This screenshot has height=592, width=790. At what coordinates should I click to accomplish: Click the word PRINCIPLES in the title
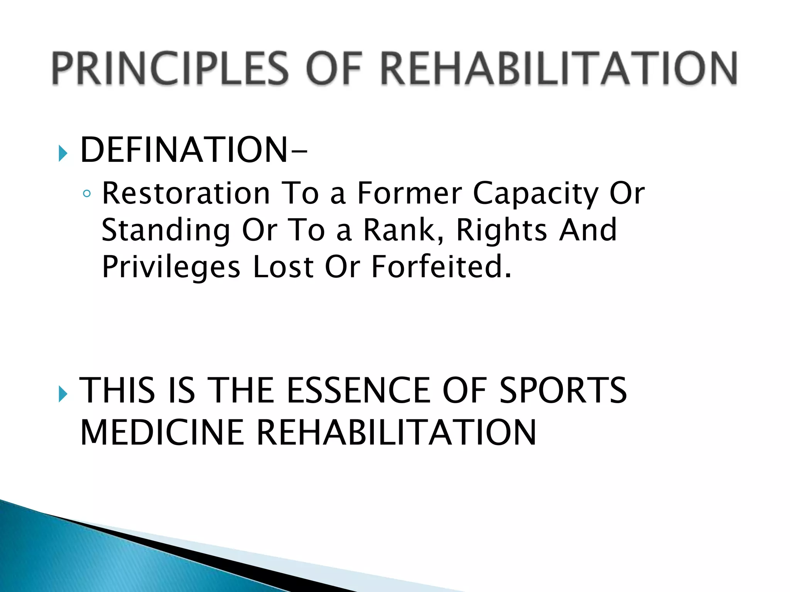coord(170,69)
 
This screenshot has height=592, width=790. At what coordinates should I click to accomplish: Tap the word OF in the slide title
coord(334,69)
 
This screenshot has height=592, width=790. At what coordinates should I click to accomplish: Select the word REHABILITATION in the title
coord(559,69)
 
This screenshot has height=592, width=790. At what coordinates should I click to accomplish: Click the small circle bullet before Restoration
coord(87,193)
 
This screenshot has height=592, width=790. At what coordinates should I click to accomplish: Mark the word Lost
coord(283,267)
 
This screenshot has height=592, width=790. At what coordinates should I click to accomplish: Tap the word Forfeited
coord(441,267)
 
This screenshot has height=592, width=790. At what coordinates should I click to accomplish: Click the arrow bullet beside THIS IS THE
coord(63,394)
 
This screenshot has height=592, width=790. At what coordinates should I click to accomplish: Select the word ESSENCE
coord(359,390)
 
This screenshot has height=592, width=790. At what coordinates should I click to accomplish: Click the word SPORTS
coord(563,390)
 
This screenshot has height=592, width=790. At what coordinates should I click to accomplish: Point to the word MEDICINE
coord(162,432)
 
